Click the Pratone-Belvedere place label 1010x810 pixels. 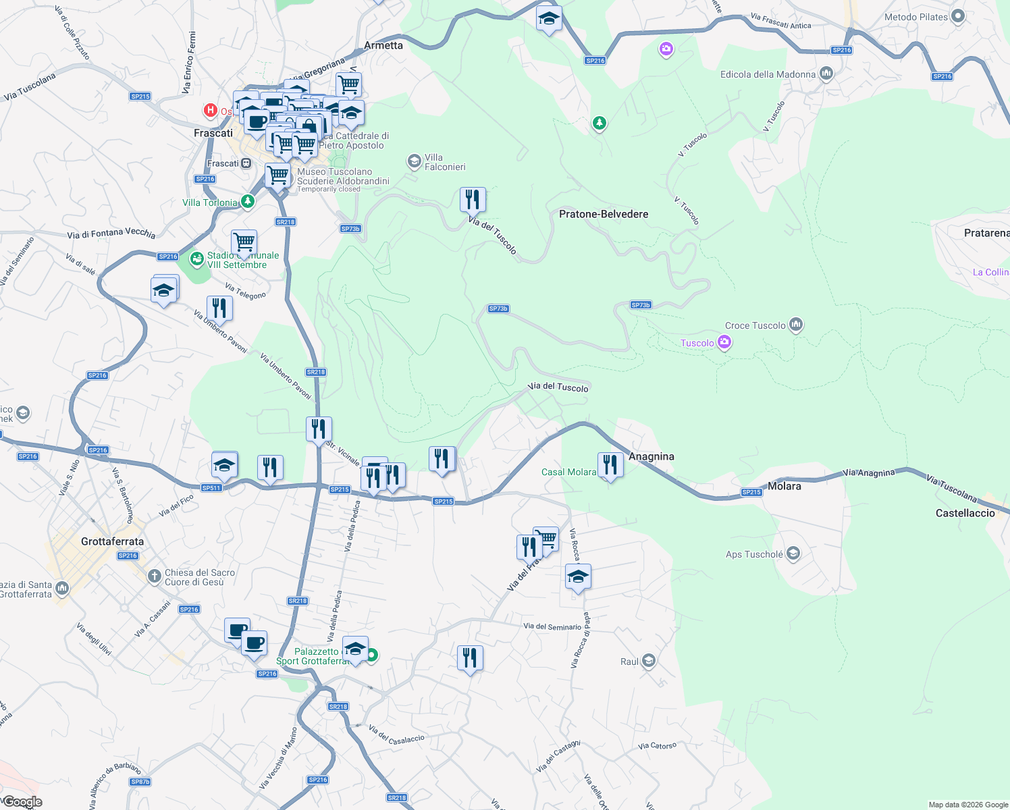pos(603,214)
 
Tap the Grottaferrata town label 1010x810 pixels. pos(112,541)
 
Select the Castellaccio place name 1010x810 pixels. pos(965,513)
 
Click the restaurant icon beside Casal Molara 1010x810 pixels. pos(610,465)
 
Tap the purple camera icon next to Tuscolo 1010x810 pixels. pos(724,342)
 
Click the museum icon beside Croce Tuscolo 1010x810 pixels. pos(796,325)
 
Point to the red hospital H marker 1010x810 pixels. pos(211,110)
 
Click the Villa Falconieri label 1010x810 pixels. pos(444,162)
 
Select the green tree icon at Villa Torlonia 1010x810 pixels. pos(248,201)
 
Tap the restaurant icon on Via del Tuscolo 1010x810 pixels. pos(473,200)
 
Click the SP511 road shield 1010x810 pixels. pos(211,487)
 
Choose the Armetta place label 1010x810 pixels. pos(383,45)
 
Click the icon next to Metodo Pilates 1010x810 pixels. pos(957,17)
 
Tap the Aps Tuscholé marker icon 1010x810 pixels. pos(793,554)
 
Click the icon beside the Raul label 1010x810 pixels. pos(649,661)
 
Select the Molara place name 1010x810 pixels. pos(784,486)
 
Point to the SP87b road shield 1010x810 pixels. pos(140,782)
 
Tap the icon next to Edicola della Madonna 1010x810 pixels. pos(826,74)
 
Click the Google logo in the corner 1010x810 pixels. pos(22,802)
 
